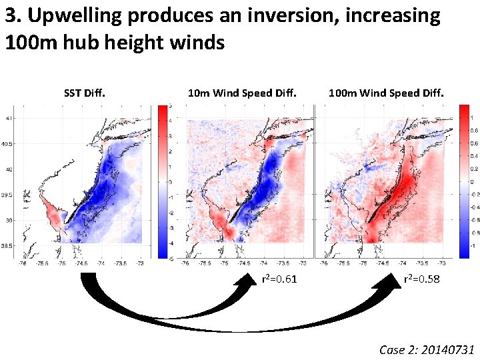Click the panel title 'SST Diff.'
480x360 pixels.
pos(84,93)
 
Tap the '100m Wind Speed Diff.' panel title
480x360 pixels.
pos(386,93)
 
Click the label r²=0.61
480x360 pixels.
pos(279,279)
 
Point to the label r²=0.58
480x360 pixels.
pos(421,279)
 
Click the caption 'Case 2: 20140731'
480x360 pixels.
pos(427,349)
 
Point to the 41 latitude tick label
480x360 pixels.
pos(9,119)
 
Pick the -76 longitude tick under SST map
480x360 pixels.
pos(24,264)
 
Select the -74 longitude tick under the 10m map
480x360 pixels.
pos(264,264)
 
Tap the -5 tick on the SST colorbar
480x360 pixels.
pos(171,258)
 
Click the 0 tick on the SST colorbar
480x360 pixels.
pos(171,181)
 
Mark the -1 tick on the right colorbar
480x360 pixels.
pos(473,246)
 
